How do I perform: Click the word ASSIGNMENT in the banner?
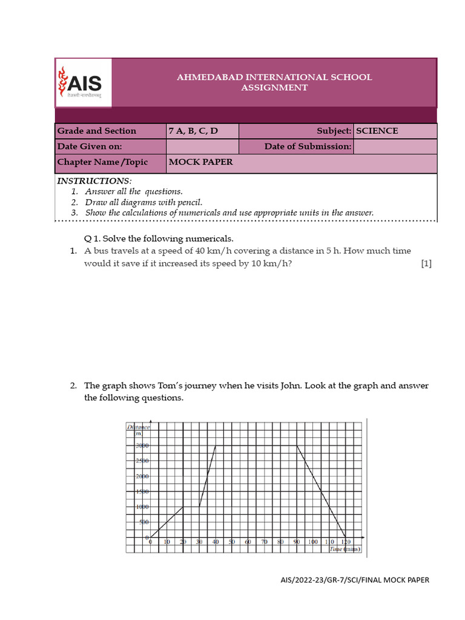pos(274,88)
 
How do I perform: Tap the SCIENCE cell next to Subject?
pos(377,131)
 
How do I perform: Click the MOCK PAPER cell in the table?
pos(200,162)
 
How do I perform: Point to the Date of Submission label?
pos(308,147)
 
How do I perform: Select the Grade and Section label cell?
pos(97,131)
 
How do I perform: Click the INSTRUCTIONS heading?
pos(94,181)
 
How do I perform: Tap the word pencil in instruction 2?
pos(188,202)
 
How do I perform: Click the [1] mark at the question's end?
pos(426,263)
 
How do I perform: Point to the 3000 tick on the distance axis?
pos(142,446)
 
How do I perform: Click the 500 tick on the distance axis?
pos(143,522)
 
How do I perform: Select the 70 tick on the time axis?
pos(264,542)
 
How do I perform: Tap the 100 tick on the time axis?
pos(313,542)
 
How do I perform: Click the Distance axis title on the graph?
pos(139,427)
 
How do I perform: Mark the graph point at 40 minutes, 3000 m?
pos(216,446)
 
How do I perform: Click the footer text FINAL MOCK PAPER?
pos(397,580)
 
